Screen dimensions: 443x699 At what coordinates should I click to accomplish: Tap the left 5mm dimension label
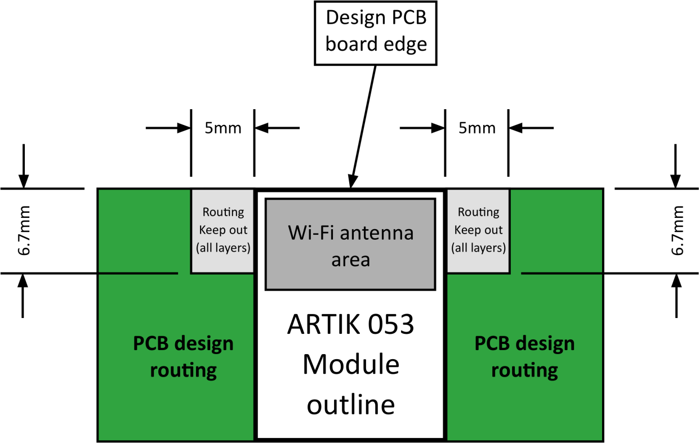(x=222, y=128)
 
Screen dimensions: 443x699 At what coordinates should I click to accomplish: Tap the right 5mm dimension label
(x=477, y=128)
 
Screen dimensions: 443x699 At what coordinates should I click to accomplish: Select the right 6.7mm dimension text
(x=677, y=231)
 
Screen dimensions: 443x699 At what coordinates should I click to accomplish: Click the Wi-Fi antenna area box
(x=350, y=244)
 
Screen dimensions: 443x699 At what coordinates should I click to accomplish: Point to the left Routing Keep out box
(x=223, y=231)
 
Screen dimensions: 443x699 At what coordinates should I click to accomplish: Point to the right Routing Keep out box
(x=478, y=231)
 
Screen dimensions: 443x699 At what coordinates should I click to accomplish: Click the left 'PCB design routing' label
(x=183, y=357)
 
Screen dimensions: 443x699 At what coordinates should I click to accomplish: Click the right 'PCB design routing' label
(x=524, y=357)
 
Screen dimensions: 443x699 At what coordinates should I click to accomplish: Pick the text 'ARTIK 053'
(x=350, y=325)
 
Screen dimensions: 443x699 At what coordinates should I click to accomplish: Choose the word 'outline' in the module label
(x=350, y=405)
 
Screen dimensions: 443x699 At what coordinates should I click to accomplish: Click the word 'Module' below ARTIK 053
(x=350, y=365)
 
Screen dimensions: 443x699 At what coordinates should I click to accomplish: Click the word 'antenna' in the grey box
(x=381, y=232)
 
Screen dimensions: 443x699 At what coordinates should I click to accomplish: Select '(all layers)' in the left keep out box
(x=223, y=248)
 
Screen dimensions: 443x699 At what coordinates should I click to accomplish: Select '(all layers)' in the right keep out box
(x=478, y=248)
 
